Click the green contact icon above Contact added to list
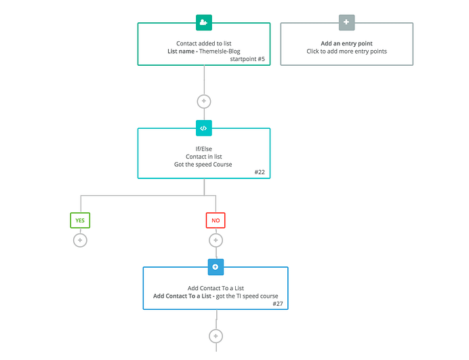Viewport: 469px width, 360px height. point(203,22)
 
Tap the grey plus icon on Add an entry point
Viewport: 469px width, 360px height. point(346,22)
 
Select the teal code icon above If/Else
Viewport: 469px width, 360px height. point(203,127)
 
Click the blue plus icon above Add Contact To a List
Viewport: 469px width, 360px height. point(216,266)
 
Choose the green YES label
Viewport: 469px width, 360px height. point(80,220)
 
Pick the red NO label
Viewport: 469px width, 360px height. point(216,220)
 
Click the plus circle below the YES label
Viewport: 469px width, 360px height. point(80,240)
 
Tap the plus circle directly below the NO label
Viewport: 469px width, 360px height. point(216,240)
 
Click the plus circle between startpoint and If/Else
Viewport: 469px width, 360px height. point(203,101)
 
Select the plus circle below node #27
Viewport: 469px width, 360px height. point(216,336)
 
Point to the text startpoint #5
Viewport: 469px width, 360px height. point(249,60)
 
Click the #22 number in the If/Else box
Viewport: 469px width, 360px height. point(260,172)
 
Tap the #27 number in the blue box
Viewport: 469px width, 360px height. point(277,304)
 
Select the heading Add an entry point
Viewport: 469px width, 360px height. point(346,43)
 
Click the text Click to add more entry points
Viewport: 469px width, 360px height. point(346,52)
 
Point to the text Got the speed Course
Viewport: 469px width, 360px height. point(203,164)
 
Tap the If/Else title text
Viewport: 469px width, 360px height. point(203,148)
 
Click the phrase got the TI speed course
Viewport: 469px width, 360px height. point(245,296)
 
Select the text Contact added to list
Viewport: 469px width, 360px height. point(203,43)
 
